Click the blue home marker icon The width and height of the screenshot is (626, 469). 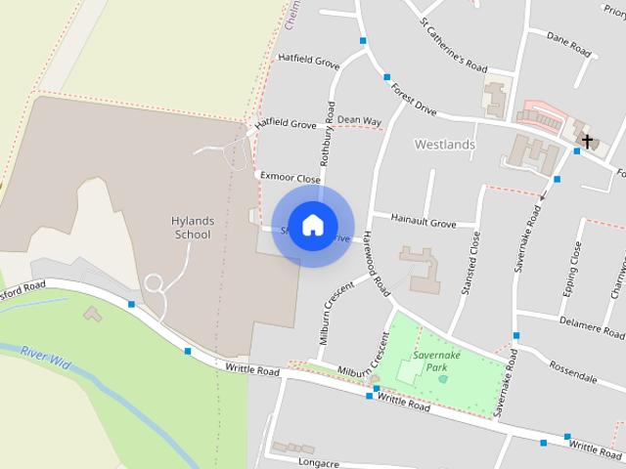tap(312, 225)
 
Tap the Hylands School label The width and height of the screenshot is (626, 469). tap(192, 228)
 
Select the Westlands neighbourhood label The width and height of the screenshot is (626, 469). tap(444, 145)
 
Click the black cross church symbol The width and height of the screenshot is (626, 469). tap(587, 142)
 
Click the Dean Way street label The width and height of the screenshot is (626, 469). tap(359, 121)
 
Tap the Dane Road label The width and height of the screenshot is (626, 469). tap(569, 45)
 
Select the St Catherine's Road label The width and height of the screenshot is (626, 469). tap(452, 45)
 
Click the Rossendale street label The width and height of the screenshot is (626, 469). tap(573, 376)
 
